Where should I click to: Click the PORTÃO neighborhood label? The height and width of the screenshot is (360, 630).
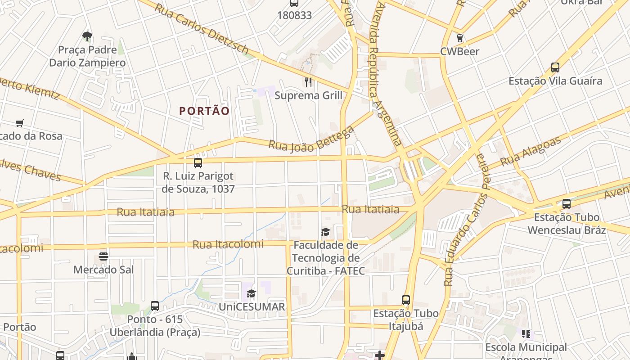click(204, 111)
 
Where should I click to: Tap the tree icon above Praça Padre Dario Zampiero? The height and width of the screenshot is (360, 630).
click(87, 36)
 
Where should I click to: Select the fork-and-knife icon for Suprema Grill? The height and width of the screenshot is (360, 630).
click(308, 82)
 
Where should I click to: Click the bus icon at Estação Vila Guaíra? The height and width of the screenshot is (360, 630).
click(555, 67)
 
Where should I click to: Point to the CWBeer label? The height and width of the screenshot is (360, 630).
click(459, 51)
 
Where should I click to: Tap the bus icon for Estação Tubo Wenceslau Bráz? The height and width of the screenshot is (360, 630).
click(567, 203)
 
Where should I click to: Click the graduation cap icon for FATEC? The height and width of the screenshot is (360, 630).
click(325, 232)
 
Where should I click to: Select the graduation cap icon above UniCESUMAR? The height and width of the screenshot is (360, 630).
click(251, 294)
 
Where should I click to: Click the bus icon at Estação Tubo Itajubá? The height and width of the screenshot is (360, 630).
click(406, 300)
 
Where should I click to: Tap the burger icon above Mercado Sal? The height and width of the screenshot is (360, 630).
click(103, 256)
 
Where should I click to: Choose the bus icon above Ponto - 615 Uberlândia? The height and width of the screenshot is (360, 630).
click(155, 306)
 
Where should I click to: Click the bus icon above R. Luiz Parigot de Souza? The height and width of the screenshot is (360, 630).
click(198, 163)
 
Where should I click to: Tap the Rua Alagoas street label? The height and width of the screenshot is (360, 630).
click(531, 150)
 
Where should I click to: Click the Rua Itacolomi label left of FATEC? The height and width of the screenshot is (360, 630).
click(228, 244)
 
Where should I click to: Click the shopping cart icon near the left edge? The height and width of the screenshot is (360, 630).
click(19, 123)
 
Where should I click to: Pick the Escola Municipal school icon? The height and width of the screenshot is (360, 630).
click(526, 334)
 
